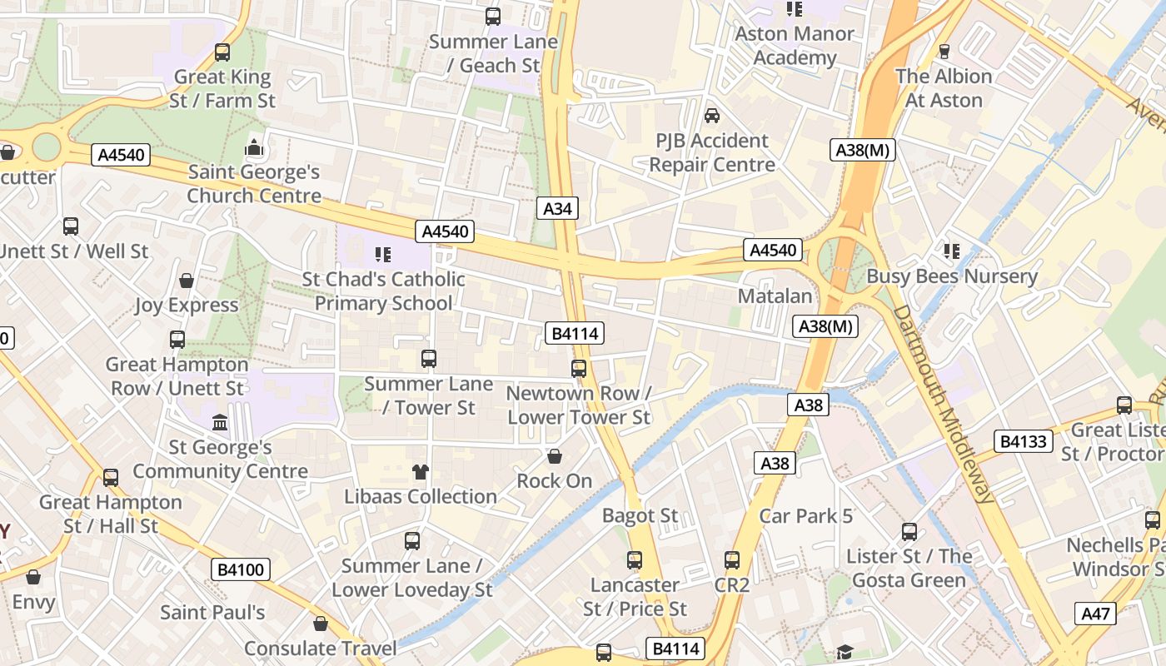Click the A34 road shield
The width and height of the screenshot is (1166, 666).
[557, 208]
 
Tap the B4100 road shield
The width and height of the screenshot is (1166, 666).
[240, 569]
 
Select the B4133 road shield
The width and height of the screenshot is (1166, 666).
[1023, 440]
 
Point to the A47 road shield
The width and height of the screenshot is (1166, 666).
[1095, 614]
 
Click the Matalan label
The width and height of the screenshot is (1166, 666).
[775, 296]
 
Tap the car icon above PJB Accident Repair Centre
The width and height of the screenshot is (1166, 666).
[712, 115]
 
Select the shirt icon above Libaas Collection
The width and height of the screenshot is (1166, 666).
[421, 472]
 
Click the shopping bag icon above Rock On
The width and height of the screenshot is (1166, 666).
[555, 456]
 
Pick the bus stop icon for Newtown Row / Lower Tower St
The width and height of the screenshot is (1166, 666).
[579, 368]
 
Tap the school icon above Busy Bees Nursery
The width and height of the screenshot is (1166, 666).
[952, 251]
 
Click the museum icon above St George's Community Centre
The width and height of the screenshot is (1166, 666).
[221, 422]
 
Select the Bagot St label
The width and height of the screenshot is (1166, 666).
[640, 516]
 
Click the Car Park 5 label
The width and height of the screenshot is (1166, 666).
[805, 516]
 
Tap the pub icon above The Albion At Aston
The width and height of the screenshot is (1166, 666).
[944, 52]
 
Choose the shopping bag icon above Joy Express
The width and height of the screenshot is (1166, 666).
[187, 281]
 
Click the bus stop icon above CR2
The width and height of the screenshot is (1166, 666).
[732, 560]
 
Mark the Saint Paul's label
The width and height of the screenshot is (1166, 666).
[212, 613]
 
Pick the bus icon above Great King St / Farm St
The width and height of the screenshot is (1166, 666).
[222, 52]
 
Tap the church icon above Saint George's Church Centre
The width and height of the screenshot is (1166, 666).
[254, 148]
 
